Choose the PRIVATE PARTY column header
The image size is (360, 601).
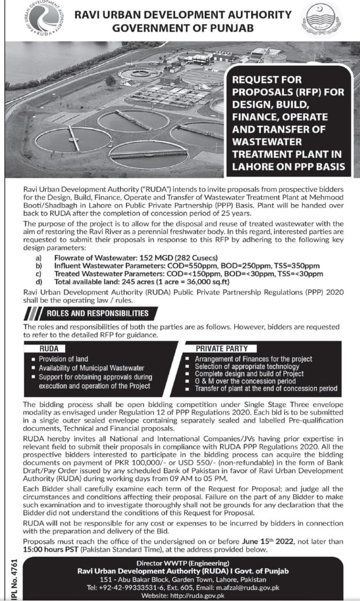click(x=214, y=349)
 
